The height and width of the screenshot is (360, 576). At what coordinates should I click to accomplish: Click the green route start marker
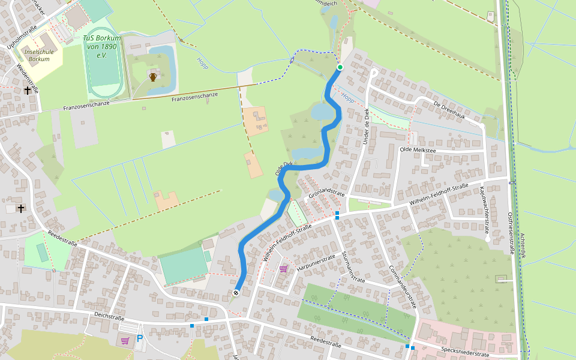[x=340, y=67]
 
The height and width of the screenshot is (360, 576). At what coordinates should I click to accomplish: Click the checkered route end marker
[x=236, y=292]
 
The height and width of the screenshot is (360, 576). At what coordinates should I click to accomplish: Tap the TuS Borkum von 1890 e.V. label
[x=102, y=46]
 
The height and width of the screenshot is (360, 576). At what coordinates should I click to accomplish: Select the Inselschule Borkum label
[x=39, y=55]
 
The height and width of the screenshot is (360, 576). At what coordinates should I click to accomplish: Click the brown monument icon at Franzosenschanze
[x=153, y=77]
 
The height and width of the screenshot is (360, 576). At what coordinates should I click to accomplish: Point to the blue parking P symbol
[x=140, y=339]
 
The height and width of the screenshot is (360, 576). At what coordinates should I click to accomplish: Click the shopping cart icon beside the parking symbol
[x=125, y=340]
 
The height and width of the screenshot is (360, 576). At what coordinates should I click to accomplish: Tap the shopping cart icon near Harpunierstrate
[x=283, y=269]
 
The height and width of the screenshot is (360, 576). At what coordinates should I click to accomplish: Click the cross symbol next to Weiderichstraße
[x=27, y=91]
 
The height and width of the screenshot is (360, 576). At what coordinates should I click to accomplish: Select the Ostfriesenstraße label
[x=511, y=233]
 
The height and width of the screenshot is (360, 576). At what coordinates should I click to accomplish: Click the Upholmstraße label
[x=22, y=35]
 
